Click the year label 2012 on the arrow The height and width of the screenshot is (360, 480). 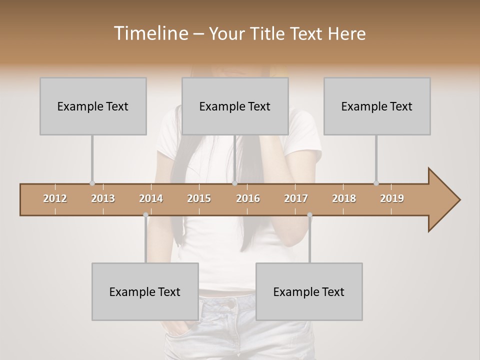(55, 198)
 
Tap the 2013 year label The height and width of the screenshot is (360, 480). (103, 198)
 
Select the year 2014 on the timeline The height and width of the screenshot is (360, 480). (151, 198)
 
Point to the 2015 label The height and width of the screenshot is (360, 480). (199, 198)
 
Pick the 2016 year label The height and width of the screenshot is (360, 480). (248, 198)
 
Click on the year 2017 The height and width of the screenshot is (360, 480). (296, 198)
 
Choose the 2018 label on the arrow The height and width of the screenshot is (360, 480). (344, 198)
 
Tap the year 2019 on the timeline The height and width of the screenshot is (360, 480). (392, 198)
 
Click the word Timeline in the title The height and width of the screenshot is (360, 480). (150, 33)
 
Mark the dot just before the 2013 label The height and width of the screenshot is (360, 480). (92, 183)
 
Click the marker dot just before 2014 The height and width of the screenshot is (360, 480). (145, 215)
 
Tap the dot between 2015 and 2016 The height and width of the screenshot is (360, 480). (234, 183)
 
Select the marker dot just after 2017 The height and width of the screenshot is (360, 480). (309, 215)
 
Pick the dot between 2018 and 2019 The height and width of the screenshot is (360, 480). (376, 183)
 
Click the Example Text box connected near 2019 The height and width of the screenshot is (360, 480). (377, 106)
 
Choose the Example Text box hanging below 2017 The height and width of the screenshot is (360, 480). (309, 291)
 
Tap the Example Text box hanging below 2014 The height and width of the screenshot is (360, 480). (145, 291)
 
